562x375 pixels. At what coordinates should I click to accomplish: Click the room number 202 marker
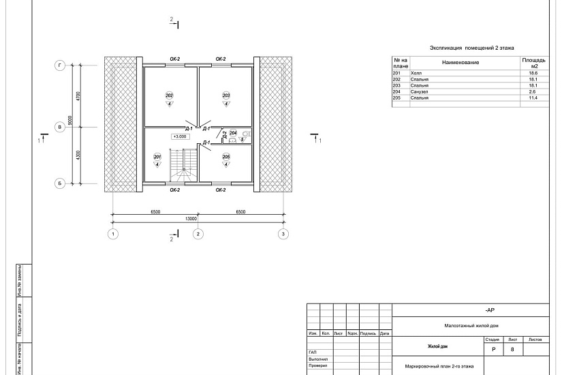click(x=169, y=95)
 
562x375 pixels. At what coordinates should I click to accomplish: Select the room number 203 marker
click(x=226, y=95)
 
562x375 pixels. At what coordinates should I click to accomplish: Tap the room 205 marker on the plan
click(x=226, y=157)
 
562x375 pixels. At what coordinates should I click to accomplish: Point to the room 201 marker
click(x=158, y=157)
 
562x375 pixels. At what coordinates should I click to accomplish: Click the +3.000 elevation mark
click(x=181, y=136)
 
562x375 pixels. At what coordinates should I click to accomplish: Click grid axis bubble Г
click(x=60, y=65)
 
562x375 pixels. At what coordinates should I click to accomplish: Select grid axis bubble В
click(x=60, y=127)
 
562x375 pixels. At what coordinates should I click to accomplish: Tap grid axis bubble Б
click(x=60, y=183)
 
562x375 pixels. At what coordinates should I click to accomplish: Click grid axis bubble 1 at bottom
click(x=113, y=234)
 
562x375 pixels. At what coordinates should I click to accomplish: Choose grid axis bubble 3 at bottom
click(x=283, y=234)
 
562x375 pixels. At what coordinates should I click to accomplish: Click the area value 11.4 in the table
click(x=533, y=98)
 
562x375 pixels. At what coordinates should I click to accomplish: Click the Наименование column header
click(x=460, y=63)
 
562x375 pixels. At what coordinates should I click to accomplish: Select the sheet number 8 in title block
click(x=512, y=350)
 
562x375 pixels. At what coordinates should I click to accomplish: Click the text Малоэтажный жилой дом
click(x=471, y=326)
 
